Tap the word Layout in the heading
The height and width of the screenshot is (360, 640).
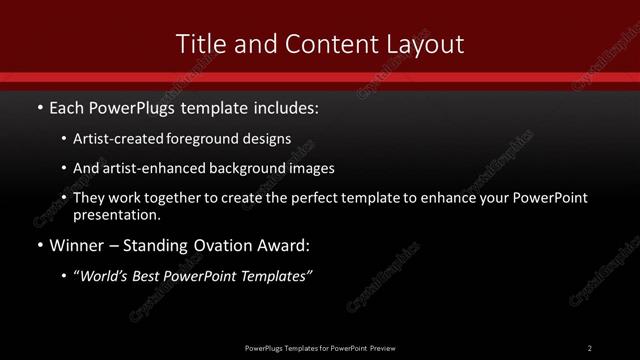(x=426, y=44)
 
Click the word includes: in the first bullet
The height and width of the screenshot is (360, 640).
(x=281, y=105)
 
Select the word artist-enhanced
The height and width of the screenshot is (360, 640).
(x=153, y=169)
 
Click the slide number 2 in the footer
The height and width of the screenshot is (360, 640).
(x=590, y=347)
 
